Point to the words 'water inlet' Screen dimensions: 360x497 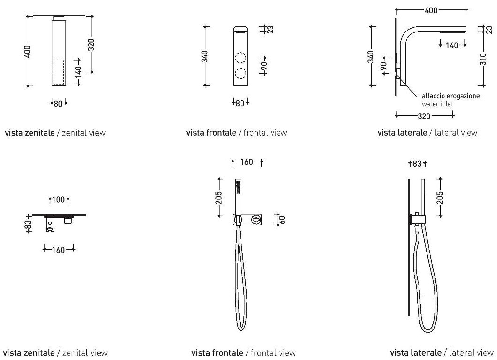pos(437,104)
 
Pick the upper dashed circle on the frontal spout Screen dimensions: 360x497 pos(241,58)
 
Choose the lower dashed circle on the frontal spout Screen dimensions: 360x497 pos(241,74)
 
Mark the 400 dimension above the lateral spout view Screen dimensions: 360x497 pos(432,10)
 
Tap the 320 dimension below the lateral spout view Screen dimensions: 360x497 pos(425,115)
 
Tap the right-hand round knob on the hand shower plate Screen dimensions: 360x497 pos(256,219)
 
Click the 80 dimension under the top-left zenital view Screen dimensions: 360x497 pos(58,103)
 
